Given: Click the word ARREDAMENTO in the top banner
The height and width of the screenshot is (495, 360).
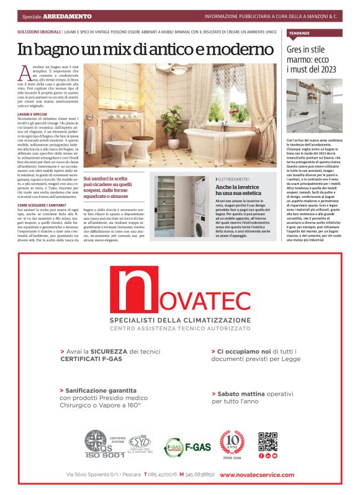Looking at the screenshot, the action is point(72,16).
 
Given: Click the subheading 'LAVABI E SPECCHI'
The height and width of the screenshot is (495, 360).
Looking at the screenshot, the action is point(32,115).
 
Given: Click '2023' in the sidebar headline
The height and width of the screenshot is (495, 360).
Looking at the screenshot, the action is point(329,69).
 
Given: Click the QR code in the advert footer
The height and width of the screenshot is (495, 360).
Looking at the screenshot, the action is point(268,442).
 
